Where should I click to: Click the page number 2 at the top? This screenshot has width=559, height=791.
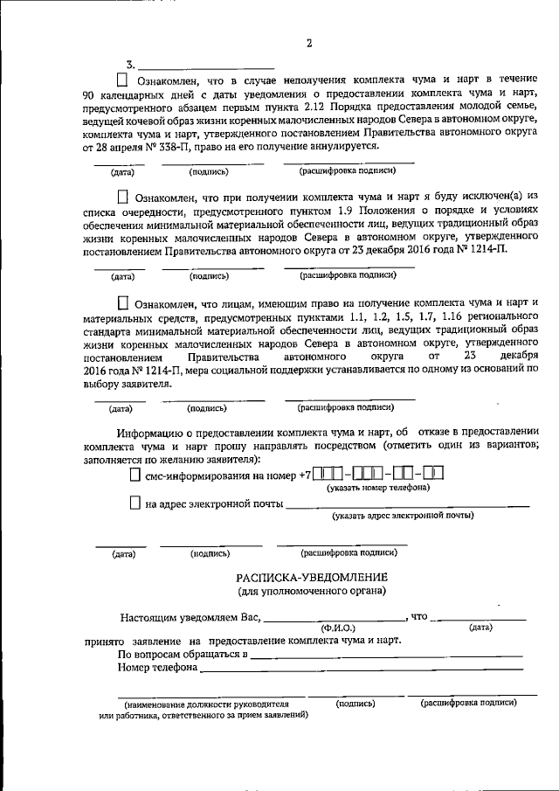pos(309,44)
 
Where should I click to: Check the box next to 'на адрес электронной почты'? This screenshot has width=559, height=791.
pos(134,503)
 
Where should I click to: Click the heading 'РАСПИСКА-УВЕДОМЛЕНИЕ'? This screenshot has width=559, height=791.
pos(311,578)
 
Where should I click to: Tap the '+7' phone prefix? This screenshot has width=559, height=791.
pos(304,475)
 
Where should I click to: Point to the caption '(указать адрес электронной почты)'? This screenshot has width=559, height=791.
pos(403,516)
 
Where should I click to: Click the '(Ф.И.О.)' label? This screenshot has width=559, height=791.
pos(337,627)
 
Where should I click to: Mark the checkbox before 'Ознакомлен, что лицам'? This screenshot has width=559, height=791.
pos(121,302)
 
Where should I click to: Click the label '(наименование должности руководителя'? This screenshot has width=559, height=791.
pos(206,703)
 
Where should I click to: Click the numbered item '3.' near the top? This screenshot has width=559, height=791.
pos(131,65)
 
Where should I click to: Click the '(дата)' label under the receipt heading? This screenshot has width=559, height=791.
pos(480,627)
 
